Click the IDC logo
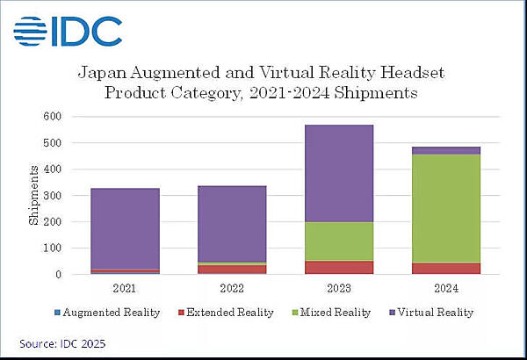[68, 31]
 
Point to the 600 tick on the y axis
[52, 116]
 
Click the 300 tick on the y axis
[52, 195]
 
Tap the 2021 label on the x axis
[125, 286]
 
